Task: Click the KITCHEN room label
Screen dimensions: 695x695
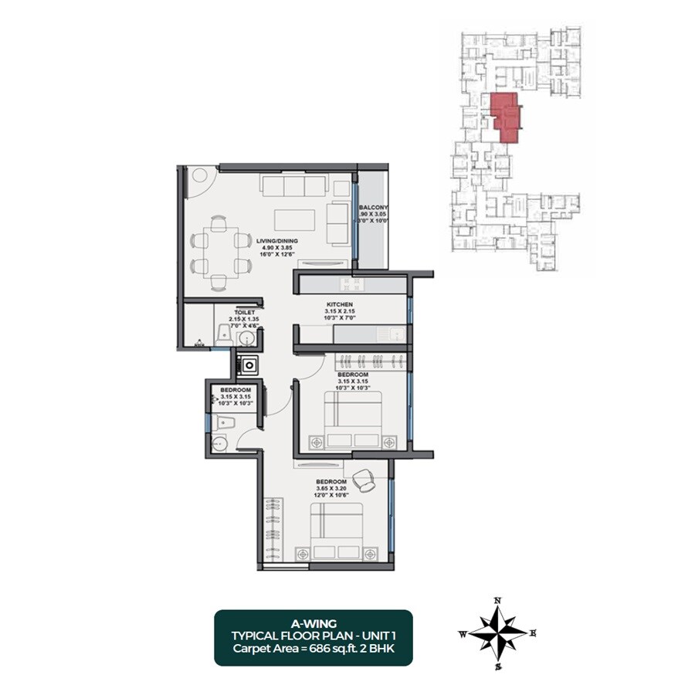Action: (339, 305)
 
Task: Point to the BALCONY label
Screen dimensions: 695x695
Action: (374, 208)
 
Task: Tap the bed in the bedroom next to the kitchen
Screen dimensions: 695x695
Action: (351, 421)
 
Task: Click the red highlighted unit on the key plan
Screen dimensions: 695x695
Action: (505, 116)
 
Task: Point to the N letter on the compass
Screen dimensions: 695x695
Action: (498, 600)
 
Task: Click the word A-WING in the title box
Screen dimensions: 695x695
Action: (313, 622)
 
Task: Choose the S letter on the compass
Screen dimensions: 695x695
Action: (499, 666)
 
